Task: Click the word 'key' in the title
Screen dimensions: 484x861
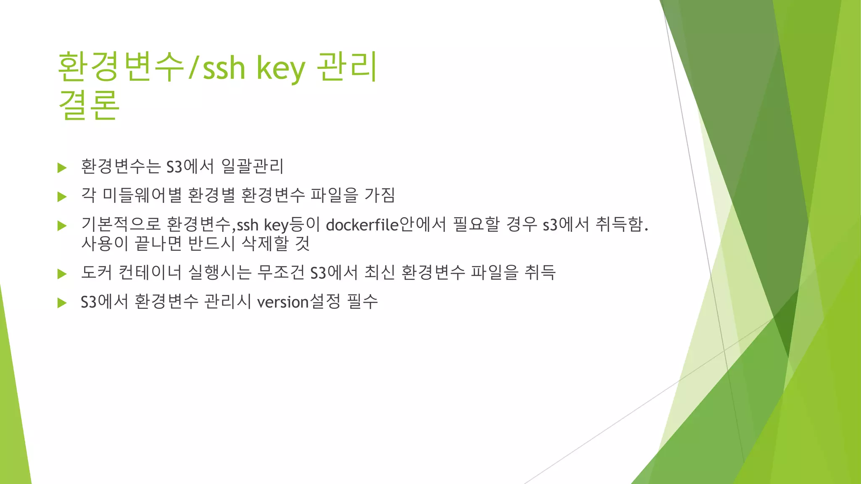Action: (280, 68)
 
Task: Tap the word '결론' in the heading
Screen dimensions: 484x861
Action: (89, 105)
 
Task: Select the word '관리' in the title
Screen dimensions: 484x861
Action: (347, 67)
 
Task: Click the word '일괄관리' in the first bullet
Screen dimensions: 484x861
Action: (252, 166)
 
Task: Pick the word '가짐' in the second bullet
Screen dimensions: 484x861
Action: (380, 195)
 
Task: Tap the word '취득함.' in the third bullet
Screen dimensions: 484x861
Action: (622, 225)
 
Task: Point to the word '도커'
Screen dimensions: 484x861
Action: (97, 272)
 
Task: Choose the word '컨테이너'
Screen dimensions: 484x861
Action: (150, 272)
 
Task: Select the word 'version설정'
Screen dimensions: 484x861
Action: (298, 301)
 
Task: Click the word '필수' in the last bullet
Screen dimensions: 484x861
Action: (362, 301)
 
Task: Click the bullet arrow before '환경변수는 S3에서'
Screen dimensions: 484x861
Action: (62, 168)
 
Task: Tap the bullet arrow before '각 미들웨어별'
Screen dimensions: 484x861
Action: (62, 196)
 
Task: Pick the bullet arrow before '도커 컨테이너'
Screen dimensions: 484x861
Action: (62, 274)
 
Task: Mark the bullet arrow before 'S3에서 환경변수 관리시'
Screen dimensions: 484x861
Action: (62, 302)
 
